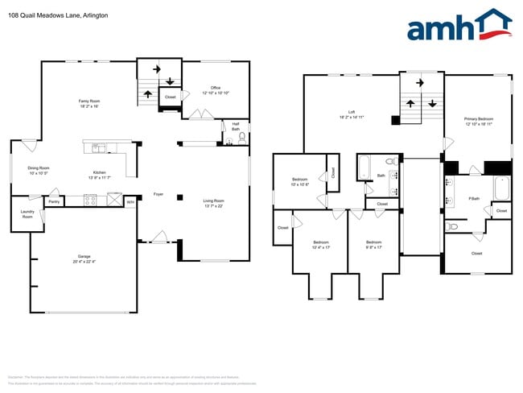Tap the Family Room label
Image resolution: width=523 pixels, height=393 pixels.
coord(89,101)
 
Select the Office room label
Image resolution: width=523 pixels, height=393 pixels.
coord(216,88)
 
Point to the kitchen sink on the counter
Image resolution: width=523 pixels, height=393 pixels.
coord(98,147)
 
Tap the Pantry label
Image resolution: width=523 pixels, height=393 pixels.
coord(53,201)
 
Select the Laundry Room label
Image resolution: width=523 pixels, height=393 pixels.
coord(27,215)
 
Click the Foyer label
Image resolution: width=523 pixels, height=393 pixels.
coord(159,194)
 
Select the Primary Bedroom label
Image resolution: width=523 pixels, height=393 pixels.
coord(479,121)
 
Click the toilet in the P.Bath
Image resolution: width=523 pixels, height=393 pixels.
coord(453,228)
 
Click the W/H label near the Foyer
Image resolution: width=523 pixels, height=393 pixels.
coord(130,202)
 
